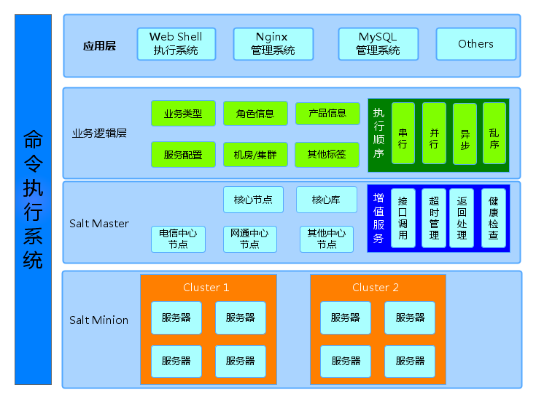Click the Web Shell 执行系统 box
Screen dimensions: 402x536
click(x=176, y=44)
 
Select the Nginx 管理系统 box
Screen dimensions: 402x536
click(x=273, y=44)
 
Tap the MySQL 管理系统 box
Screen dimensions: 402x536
click(x=378, y=44)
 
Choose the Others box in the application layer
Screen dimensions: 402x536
click(x=475, y=44)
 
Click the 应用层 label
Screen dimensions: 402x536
click(x=99, y=46)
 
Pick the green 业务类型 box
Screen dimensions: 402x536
click(x=183, y=113)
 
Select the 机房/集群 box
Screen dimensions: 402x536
click(x=255, y=154)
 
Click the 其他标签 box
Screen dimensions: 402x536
click(x=327, y=154)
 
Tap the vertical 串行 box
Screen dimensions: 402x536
click(x=402, y=133)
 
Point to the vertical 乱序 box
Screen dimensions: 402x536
click(x=494, y=133)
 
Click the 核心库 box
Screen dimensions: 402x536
click(x=326, y=200)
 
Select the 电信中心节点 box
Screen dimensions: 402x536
click(x=178, y=239)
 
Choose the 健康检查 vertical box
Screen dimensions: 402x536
click(x=493, y=218)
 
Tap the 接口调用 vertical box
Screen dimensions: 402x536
click(x=402, y=218)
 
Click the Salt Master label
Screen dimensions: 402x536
click(x=99, y=223)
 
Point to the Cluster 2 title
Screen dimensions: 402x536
click(x=375, y=287)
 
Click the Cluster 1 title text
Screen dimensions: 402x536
click(x=206, y=287)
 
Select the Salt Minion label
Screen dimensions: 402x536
click(x=99, y=320)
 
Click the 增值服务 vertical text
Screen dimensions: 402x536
click(x=378, y=218)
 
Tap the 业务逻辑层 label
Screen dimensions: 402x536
click(x=99, y=133)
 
